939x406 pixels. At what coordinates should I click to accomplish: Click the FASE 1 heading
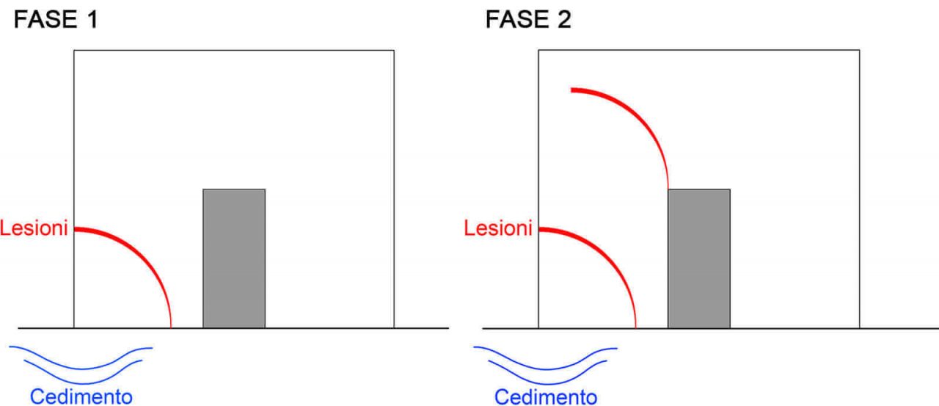coord(55,20)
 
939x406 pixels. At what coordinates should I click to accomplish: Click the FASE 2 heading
coord(528,20)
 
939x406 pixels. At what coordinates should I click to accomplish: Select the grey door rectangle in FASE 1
coord(234,258)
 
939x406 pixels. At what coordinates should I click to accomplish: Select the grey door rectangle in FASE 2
coord(698,258)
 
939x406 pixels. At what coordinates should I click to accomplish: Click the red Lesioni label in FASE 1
coord(34,228)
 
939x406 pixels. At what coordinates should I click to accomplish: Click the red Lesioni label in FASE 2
coord(498,228)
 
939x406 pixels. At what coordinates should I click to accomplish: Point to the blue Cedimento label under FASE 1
coord(81,396)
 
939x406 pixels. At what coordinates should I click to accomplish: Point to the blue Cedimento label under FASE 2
coord(546,396)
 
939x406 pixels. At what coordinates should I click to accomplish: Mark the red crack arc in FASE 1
coord(144,257)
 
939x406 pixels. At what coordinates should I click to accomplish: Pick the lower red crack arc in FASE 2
coord(608,257)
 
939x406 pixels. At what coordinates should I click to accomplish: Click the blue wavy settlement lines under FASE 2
coord(547,360)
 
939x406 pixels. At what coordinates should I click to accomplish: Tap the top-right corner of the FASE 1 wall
coord(394,51)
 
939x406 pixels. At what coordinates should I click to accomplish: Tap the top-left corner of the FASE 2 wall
coord(538,51)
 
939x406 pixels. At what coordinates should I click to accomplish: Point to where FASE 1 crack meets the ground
coord(171,327)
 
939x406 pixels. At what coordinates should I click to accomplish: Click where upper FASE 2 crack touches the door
coord(668,189)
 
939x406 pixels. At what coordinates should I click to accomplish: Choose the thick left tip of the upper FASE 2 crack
coord(573,90)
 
